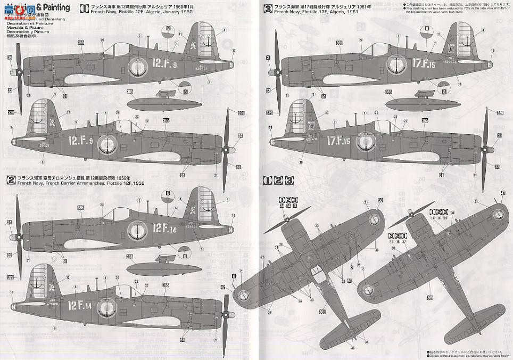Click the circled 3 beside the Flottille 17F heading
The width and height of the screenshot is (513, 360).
tap(268, 8)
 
